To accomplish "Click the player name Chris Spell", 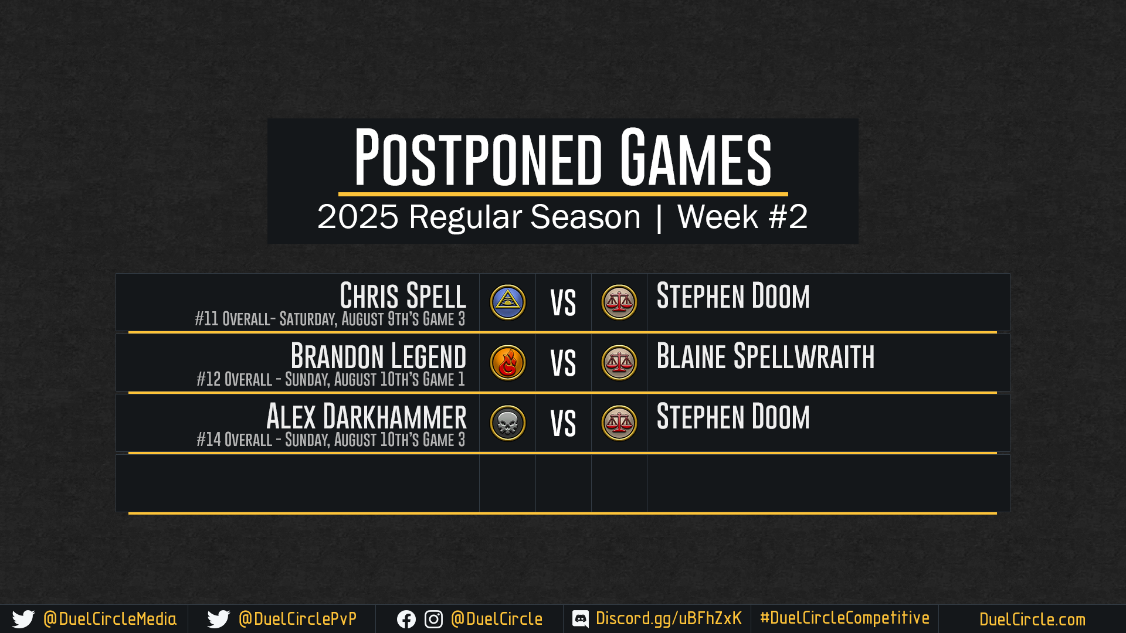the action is tap(403, 295).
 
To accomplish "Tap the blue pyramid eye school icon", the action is tap(508, 302).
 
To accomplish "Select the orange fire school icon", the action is tap(508, 363).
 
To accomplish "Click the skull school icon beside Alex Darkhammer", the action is tap(508, 423).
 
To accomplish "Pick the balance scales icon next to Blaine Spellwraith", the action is tap(619, 363).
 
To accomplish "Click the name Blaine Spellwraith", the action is tap(765, 356).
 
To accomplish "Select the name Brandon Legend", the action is tap(378, 356).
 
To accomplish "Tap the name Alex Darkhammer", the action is tap(367, 416).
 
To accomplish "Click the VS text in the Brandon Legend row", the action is tap(563, 363).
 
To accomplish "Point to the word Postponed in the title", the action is tap(478, 157).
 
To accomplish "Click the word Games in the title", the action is tap(696, 157).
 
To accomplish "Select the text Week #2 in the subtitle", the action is tap(742, 216).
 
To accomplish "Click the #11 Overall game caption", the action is tap(330, 319).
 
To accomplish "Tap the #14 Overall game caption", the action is tap(331, 440).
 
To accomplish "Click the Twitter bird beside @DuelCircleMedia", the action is tap(23, 619).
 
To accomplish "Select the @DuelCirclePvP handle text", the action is tap(297, 619).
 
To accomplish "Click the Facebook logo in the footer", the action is tap(406, 620).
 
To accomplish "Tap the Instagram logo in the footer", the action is tap(433, 620).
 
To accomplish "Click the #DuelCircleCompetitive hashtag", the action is tap(844, 618).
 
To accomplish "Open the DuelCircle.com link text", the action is tap(1032, 620).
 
